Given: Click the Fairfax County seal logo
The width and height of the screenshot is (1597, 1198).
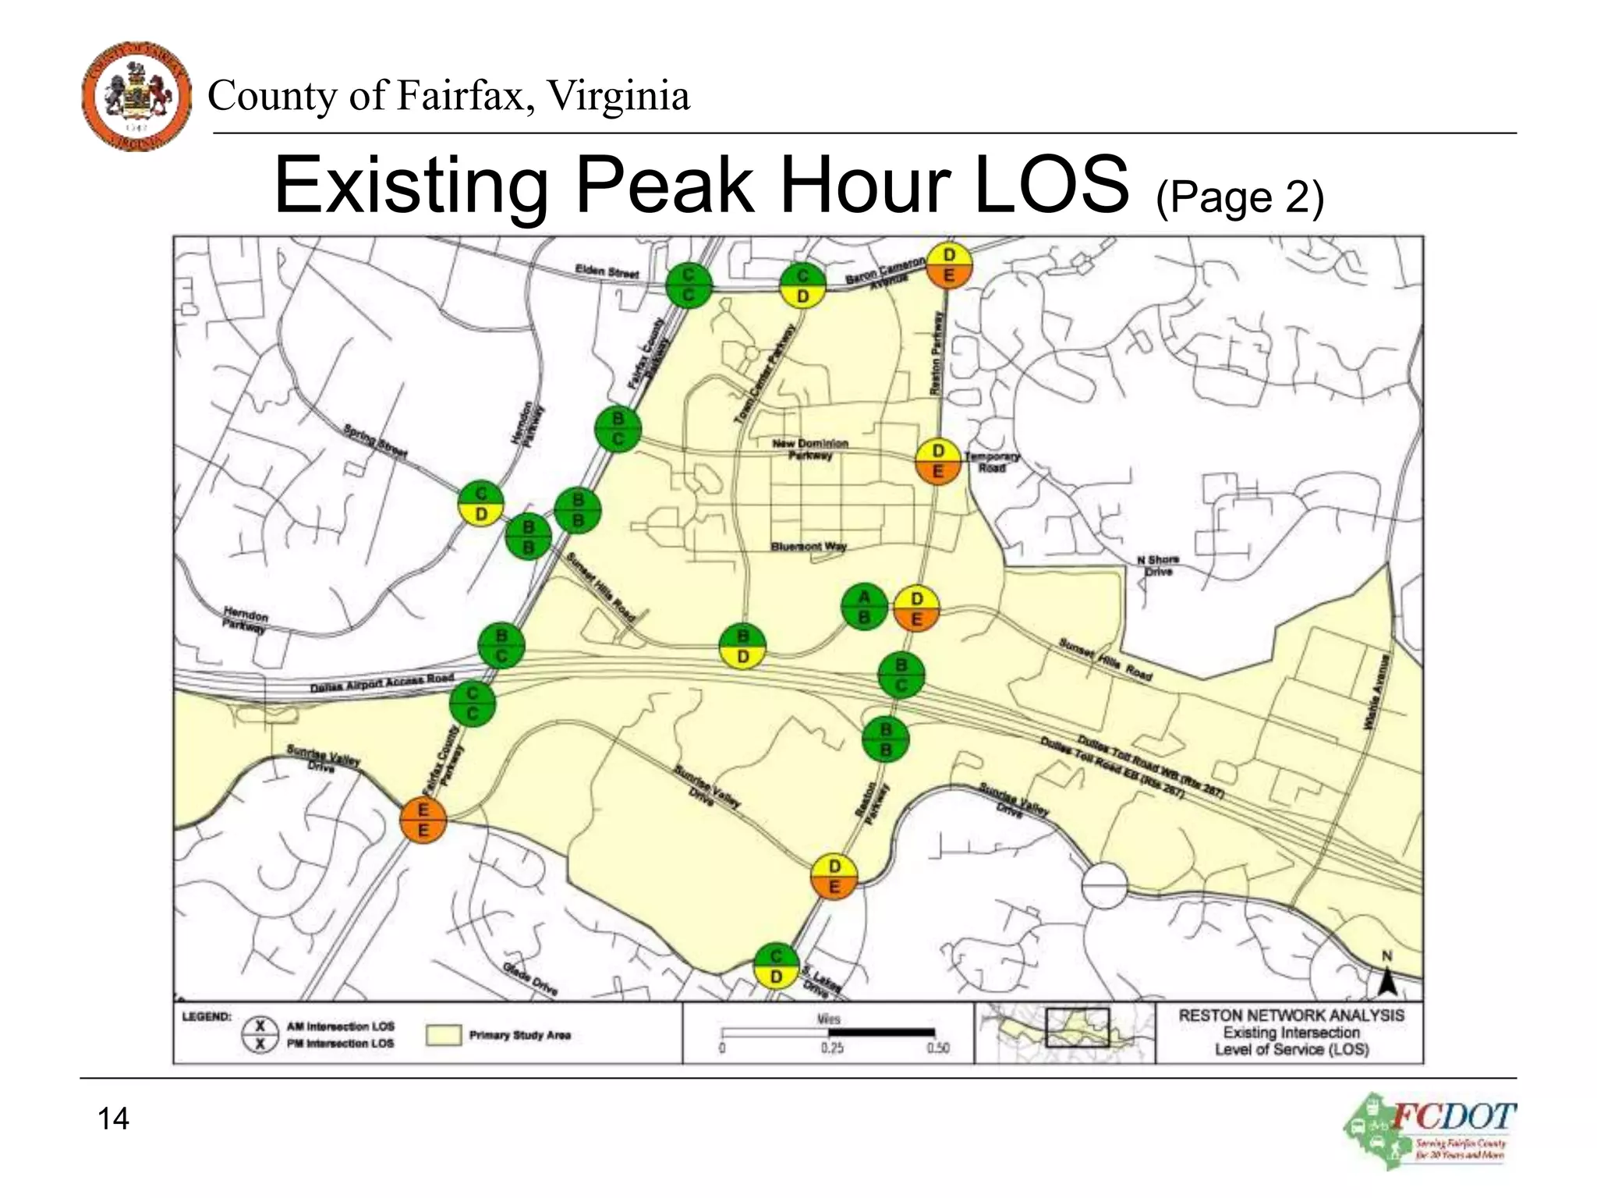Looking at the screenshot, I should [136, 96].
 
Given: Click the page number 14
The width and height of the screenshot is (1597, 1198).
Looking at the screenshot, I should [113, 1118].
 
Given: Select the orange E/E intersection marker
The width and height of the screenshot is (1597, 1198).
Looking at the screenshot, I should [423, 821].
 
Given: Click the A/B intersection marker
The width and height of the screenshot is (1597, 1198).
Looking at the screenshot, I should [864, 608].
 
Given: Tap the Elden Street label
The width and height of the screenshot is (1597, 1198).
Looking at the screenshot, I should [607, 272].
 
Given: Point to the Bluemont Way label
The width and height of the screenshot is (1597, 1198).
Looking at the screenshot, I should [809, 546].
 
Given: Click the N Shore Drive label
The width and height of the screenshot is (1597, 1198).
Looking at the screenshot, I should [1158, 565].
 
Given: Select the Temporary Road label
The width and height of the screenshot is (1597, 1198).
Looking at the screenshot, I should [991, 462].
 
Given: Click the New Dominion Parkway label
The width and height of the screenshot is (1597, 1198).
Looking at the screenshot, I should [810, 448].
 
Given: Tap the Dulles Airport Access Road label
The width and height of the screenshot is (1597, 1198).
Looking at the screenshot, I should [381, 683].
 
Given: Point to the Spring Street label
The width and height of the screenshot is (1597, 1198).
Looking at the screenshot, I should [376, 441].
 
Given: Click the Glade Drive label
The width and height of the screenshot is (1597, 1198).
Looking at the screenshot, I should [530, 979].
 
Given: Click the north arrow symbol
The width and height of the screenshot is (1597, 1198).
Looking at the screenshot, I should [1386, 978].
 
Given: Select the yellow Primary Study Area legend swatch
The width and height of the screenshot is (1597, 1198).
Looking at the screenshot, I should [444, 1035].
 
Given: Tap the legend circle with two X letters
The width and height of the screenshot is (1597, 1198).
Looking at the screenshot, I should [260, 1035].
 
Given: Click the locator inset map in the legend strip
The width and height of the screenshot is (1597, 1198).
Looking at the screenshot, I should [1064, 1033].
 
